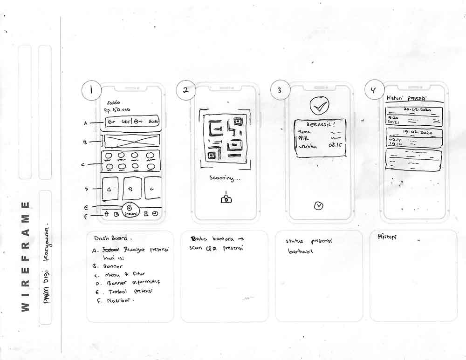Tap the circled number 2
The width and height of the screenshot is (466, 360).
pyautogui.click(x=186, y=90)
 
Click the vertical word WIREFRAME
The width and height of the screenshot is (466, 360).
pyautogui.click(x=26, y=257)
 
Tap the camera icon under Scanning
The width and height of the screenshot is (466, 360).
pyautogui.click(x=226, y=199)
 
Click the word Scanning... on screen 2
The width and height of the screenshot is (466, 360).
pyautogui.click(x=226, y=178)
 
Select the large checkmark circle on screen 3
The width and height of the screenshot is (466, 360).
pyautogui.click(x=319, y=107)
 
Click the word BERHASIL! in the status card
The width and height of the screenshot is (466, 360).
pyautogui.click(x=318, y=125)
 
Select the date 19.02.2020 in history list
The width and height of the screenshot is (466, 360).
pyautogui.click(x=418, y=133)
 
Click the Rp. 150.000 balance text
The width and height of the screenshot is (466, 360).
pyautogui.click(x=117, y=110)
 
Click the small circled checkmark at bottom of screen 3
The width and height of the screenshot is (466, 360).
pyautogui.click(x=319, y=205)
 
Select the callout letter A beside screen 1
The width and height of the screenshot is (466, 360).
pyautogui.click(x=86, y=123)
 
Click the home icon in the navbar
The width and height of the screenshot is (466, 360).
pyautogui.click(x=106, y=214)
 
